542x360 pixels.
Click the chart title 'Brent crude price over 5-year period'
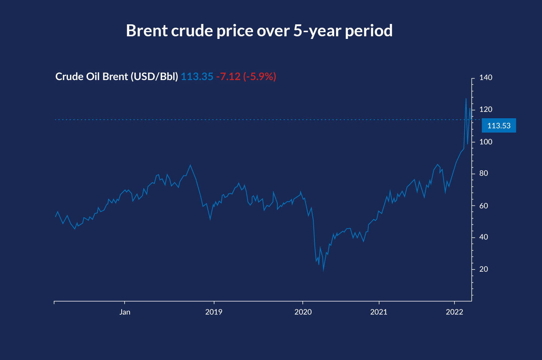click(x=259, y=31)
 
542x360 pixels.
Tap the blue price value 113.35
click(x=197, y=77)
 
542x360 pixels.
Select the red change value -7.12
click(x=228, y=77)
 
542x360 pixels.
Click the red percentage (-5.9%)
click(x=259, y=77)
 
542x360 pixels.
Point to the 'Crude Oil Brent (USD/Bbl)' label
click(x=116, y=77)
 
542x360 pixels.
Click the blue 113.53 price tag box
click(x=499, y=126)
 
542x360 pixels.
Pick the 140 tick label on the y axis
click(x=486, y=78)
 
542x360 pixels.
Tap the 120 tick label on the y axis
click(x=486, y=110)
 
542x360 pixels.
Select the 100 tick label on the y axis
click(x=486, y=142)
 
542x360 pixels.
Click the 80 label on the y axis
click(x=484, y=173)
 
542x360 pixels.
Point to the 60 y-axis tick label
click(x=484, y=205)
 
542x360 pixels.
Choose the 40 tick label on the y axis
click(x=484, y=237)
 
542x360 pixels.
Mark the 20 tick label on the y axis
click(x=484, y=269)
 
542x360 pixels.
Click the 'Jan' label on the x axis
click(x=125, y=312)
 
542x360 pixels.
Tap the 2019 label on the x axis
click(x=214, y=312)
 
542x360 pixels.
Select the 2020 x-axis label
click(x=303, y=312)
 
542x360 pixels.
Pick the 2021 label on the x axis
click(x=379, y=312)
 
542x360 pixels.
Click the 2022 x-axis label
click(x=454, y=312)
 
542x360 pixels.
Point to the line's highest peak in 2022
click(x=466, y=98)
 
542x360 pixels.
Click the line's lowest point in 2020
click(x=323, y=270)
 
